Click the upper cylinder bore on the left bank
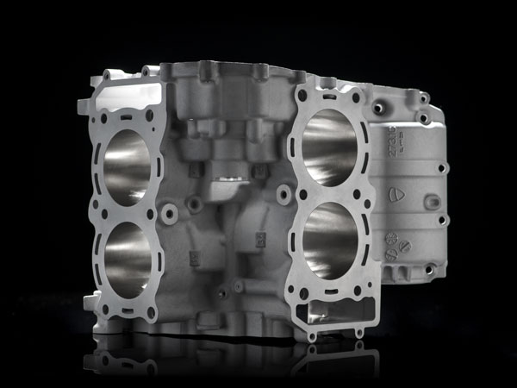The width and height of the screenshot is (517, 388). [x=128, y=166]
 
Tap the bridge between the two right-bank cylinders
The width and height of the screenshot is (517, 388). [x=332, y=194]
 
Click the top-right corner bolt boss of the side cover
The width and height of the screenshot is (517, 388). [x=424, y=97]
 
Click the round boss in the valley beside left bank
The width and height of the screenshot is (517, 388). [x=170, y=212]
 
